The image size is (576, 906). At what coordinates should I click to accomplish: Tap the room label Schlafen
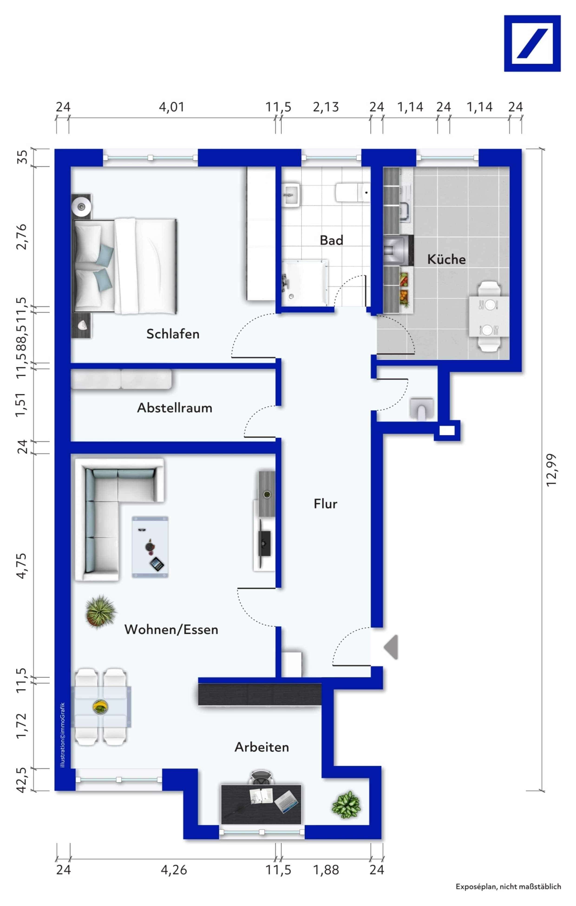coord(173,334)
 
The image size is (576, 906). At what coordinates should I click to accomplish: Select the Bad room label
coord(331,240)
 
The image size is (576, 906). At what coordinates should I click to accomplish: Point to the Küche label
coord(446,259)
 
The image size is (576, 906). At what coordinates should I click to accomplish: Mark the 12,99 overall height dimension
coord(551,470)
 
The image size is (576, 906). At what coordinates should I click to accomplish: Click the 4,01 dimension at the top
coord(172,107)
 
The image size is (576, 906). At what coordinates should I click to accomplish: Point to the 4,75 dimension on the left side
coord(22,565)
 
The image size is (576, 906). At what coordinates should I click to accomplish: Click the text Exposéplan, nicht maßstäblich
coord(508,887)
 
